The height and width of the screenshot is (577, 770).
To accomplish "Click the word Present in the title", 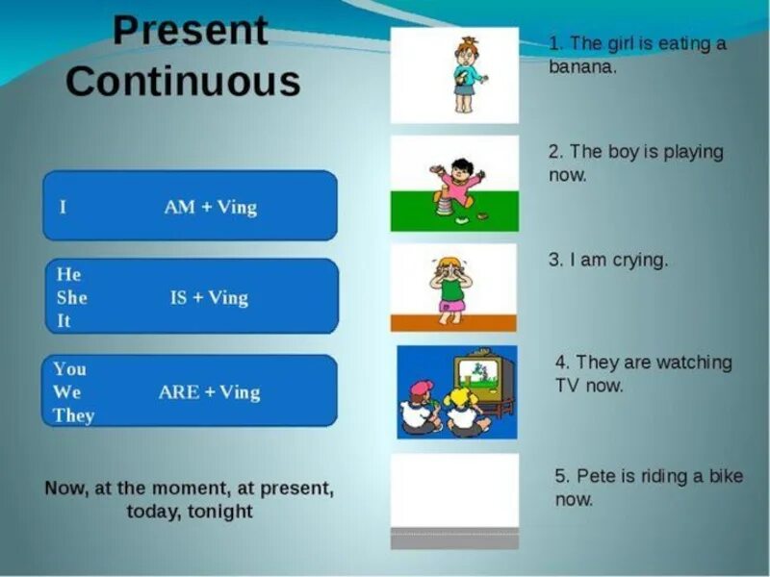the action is [x=191, y=31].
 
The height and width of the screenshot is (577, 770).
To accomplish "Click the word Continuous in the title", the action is [x=183, y=81].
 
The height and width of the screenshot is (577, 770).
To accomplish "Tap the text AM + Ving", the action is [x=210, y=207].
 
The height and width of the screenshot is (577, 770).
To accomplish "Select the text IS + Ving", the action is [x=209, y=298].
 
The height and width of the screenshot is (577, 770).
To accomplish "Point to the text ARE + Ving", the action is [x=209, y=392].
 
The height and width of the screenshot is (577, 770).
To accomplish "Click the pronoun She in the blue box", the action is [x=71, y=297].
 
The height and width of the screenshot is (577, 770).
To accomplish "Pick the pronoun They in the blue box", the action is [x=74, y=415].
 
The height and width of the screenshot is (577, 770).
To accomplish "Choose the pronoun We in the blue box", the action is [x=66, y=391].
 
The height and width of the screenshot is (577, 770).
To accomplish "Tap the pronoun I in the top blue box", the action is [x=63, y=207].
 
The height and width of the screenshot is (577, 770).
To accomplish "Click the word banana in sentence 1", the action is [x=582, y=66].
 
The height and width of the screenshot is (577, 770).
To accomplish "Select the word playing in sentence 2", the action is [x=693, y=153].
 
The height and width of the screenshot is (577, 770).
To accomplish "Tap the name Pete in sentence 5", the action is [x=592, y=475].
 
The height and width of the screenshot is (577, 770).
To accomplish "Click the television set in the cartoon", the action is [x=484, y=380].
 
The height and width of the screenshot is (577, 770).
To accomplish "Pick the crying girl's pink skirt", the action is [x=452, y=306].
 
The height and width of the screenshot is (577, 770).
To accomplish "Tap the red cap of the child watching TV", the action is [x=422, y=388].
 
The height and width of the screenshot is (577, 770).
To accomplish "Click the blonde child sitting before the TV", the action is [x=465, y=412].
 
